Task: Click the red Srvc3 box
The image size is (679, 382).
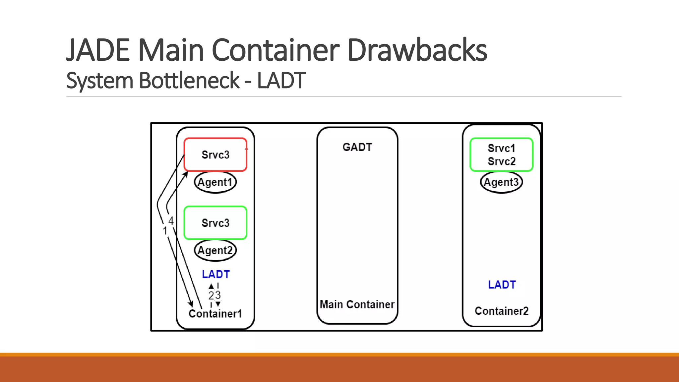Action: coord(215,155)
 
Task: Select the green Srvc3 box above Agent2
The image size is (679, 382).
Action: coord(215,223)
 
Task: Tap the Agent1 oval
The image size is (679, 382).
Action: coord(215,182)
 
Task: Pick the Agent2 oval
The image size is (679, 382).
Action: coord(215,250)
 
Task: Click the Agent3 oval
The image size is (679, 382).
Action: coord(501,182)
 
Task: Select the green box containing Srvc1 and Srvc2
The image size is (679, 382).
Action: coord(501,155)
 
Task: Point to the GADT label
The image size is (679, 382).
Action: coord(357,147)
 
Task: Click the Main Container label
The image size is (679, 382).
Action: coord(357,304)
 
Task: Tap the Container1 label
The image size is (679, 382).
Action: coord(215,314)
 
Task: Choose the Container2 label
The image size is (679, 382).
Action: coord(501,311)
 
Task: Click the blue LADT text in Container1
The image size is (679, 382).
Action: coord(216,274)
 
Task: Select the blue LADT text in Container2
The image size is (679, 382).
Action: coord(502,285)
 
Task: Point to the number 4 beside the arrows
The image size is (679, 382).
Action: coord(171,221)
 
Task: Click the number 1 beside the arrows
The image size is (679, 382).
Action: coord(165,231)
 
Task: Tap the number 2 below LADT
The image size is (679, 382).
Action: coord(211,295)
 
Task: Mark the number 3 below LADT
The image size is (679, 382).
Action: coord(218,295)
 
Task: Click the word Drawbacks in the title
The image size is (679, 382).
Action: coord(417,50)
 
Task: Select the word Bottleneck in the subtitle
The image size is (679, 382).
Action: coord(189,81)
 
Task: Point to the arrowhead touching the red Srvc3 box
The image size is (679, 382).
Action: coord(186,174)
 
